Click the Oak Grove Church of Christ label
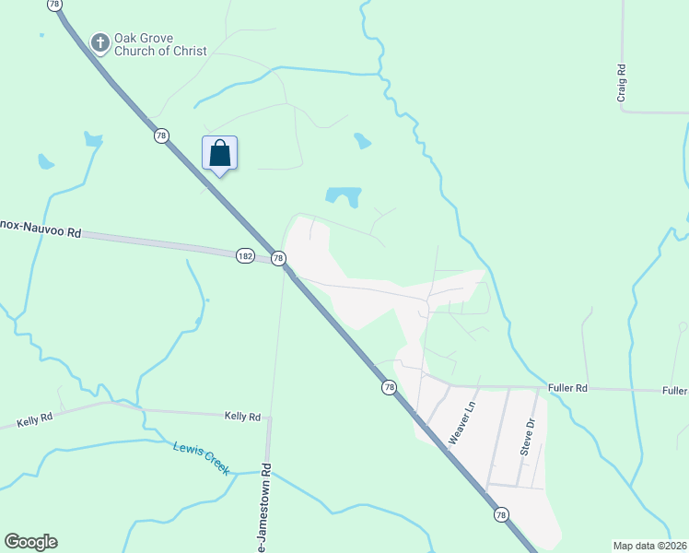(x=160, y=45)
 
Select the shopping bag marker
(x=219, y=153)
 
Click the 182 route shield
(x=245, y=255)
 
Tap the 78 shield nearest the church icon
(x=55, y=5)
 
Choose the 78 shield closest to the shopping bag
(x=162, y=135)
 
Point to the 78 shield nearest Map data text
(x=500, y=514)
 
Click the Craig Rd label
(x=623, y=82)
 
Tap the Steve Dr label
(x=528, y=436)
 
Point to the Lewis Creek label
(x=201, y=456)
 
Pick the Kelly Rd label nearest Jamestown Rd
(x=243, y=417)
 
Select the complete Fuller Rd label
(x=567, y=389)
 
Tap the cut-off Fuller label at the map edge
(x=675, y=391)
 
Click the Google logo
(x=30, y=542)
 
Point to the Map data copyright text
(x=650, y=546)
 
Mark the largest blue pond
(x=343, y=196)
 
